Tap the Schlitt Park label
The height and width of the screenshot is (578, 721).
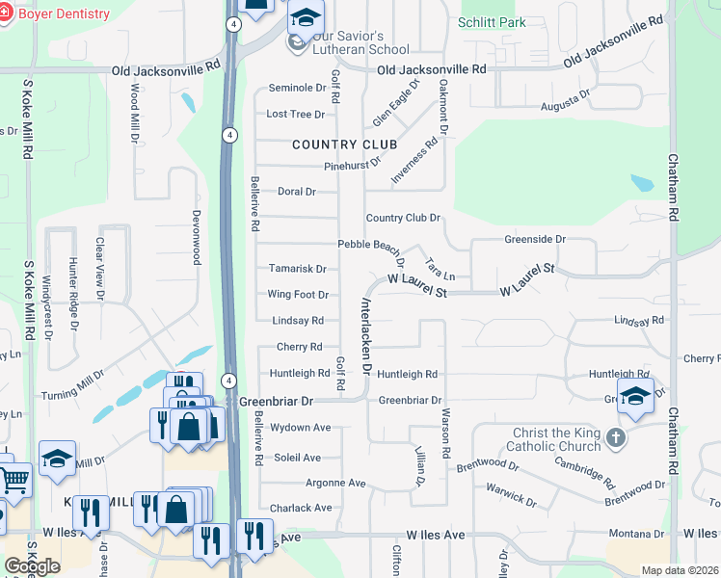click(492, 22)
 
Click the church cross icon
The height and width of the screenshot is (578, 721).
click(617, 439)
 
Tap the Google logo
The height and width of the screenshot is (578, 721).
click(32, 566)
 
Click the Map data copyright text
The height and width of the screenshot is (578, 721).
click(680, 570)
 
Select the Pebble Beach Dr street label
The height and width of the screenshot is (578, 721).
click(371, 248)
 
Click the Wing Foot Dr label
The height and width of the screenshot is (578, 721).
click(298, 295)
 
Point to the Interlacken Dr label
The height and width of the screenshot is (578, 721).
click(366, 332)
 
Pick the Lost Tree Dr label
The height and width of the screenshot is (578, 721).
click(295, 114)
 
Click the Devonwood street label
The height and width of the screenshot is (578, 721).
click(196, 237)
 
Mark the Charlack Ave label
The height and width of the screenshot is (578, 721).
click(301, 508)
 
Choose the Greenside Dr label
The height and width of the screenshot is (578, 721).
click(535, 239)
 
